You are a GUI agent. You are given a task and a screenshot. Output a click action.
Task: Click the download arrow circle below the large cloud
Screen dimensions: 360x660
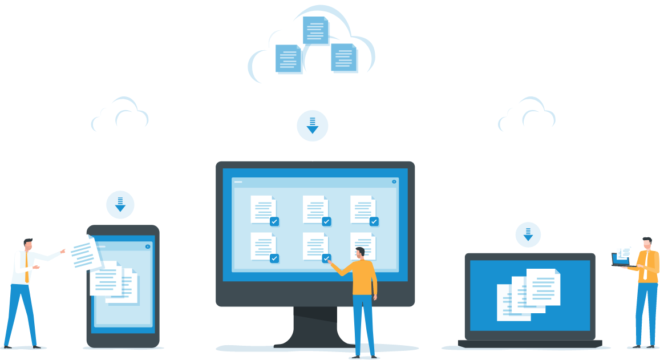point(313,125)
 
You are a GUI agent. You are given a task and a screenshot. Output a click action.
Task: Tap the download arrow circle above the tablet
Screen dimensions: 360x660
point(120,204)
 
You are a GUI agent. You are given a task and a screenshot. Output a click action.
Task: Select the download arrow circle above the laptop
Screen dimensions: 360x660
point(528,233)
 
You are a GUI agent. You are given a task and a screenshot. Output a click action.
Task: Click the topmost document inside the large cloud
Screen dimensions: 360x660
point(315,30)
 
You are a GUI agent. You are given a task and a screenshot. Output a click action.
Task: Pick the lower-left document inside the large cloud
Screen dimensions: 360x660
point(288,58)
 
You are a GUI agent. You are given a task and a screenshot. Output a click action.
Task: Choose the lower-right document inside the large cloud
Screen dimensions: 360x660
point(344,58)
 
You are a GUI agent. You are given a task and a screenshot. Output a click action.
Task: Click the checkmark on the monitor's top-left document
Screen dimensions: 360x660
point(274,221)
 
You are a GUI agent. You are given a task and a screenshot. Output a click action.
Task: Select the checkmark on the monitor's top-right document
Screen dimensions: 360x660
point(374,221)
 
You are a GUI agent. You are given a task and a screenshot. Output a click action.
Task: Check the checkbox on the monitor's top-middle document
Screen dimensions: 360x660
point(326,221)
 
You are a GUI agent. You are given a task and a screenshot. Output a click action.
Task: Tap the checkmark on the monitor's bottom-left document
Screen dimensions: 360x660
point(274,258)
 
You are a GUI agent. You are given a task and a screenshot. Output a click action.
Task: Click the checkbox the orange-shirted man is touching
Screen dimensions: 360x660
point(326,258)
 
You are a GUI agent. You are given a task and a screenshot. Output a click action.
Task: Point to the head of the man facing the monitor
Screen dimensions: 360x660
point(360,253)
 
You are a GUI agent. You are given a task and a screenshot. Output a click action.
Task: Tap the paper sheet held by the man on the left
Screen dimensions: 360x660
point(82,253)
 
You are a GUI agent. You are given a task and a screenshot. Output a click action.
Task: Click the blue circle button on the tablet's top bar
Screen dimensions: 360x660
point(148,246)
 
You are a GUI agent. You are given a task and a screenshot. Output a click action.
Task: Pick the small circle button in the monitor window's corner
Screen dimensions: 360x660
point(394,181)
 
